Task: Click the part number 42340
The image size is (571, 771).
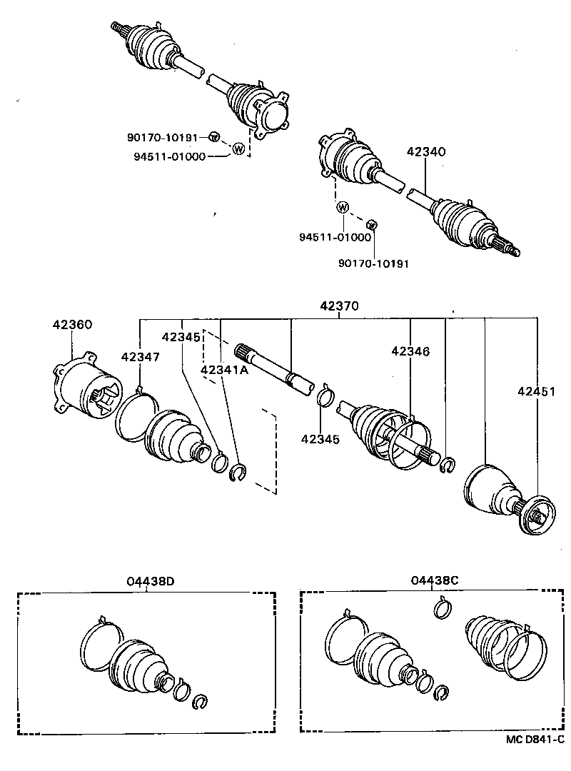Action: click(426, 152)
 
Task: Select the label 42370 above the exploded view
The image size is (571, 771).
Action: click(339, 306)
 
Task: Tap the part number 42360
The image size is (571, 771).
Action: click(72, 324)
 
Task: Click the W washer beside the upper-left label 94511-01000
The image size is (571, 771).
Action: click(239, 149)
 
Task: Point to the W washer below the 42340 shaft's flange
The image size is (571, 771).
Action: click(343, 208)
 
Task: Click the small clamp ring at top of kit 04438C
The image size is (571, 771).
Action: click(443, 610)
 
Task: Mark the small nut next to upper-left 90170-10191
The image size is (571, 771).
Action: click(213, 136)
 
